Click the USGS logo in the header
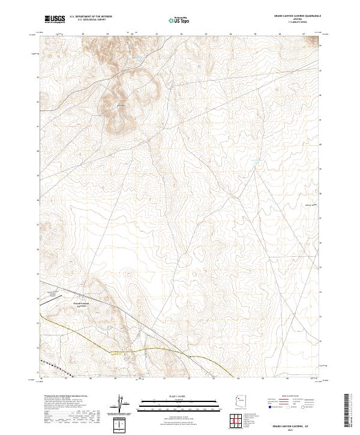click(x=55, y=19)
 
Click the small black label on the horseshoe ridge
click(x=120, y=106)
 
